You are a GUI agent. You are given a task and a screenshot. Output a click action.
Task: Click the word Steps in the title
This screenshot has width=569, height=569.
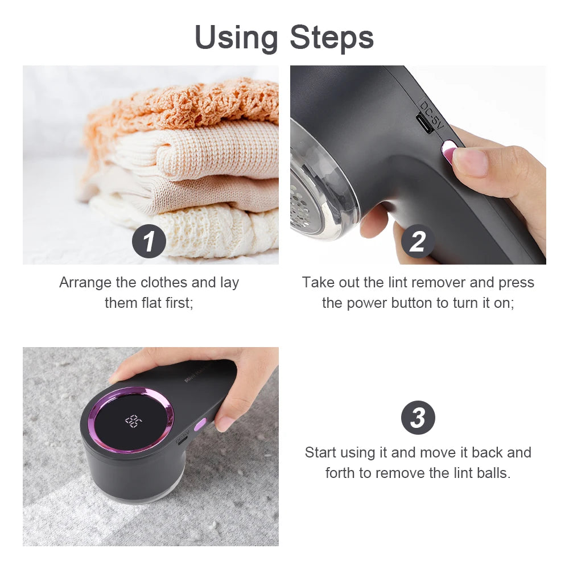(x=332, y=38)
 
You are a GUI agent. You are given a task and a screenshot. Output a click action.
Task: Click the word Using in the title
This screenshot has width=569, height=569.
(x=237, y=38)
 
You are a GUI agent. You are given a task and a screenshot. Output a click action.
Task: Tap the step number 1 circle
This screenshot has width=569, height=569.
(x=149, y=242)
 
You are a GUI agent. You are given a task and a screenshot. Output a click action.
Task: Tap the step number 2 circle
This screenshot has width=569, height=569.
(x=418, y=242)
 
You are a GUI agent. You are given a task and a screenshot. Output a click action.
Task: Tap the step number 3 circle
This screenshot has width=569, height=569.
(x=418, y=418)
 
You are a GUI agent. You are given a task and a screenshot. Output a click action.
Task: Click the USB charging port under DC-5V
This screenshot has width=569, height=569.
(x=424, y=124)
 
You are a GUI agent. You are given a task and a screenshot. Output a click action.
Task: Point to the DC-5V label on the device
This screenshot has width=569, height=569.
(x=431, y=113)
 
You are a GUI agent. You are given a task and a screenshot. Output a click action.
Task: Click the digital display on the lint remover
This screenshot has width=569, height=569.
(x=133, y=421)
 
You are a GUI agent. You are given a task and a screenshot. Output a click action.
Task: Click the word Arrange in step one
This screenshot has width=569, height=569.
(x=82, y=283)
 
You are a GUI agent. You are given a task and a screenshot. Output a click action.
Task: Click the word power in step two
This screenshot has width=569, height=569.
(x=367, y=303)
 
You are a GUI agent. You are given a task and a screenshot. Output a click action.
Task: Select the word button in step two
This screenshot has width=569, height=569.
(x=412, y=303)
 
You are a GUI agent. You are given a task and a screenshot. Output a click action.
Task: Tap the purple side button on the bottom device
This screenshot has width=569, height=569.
(x=200, y=424)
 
